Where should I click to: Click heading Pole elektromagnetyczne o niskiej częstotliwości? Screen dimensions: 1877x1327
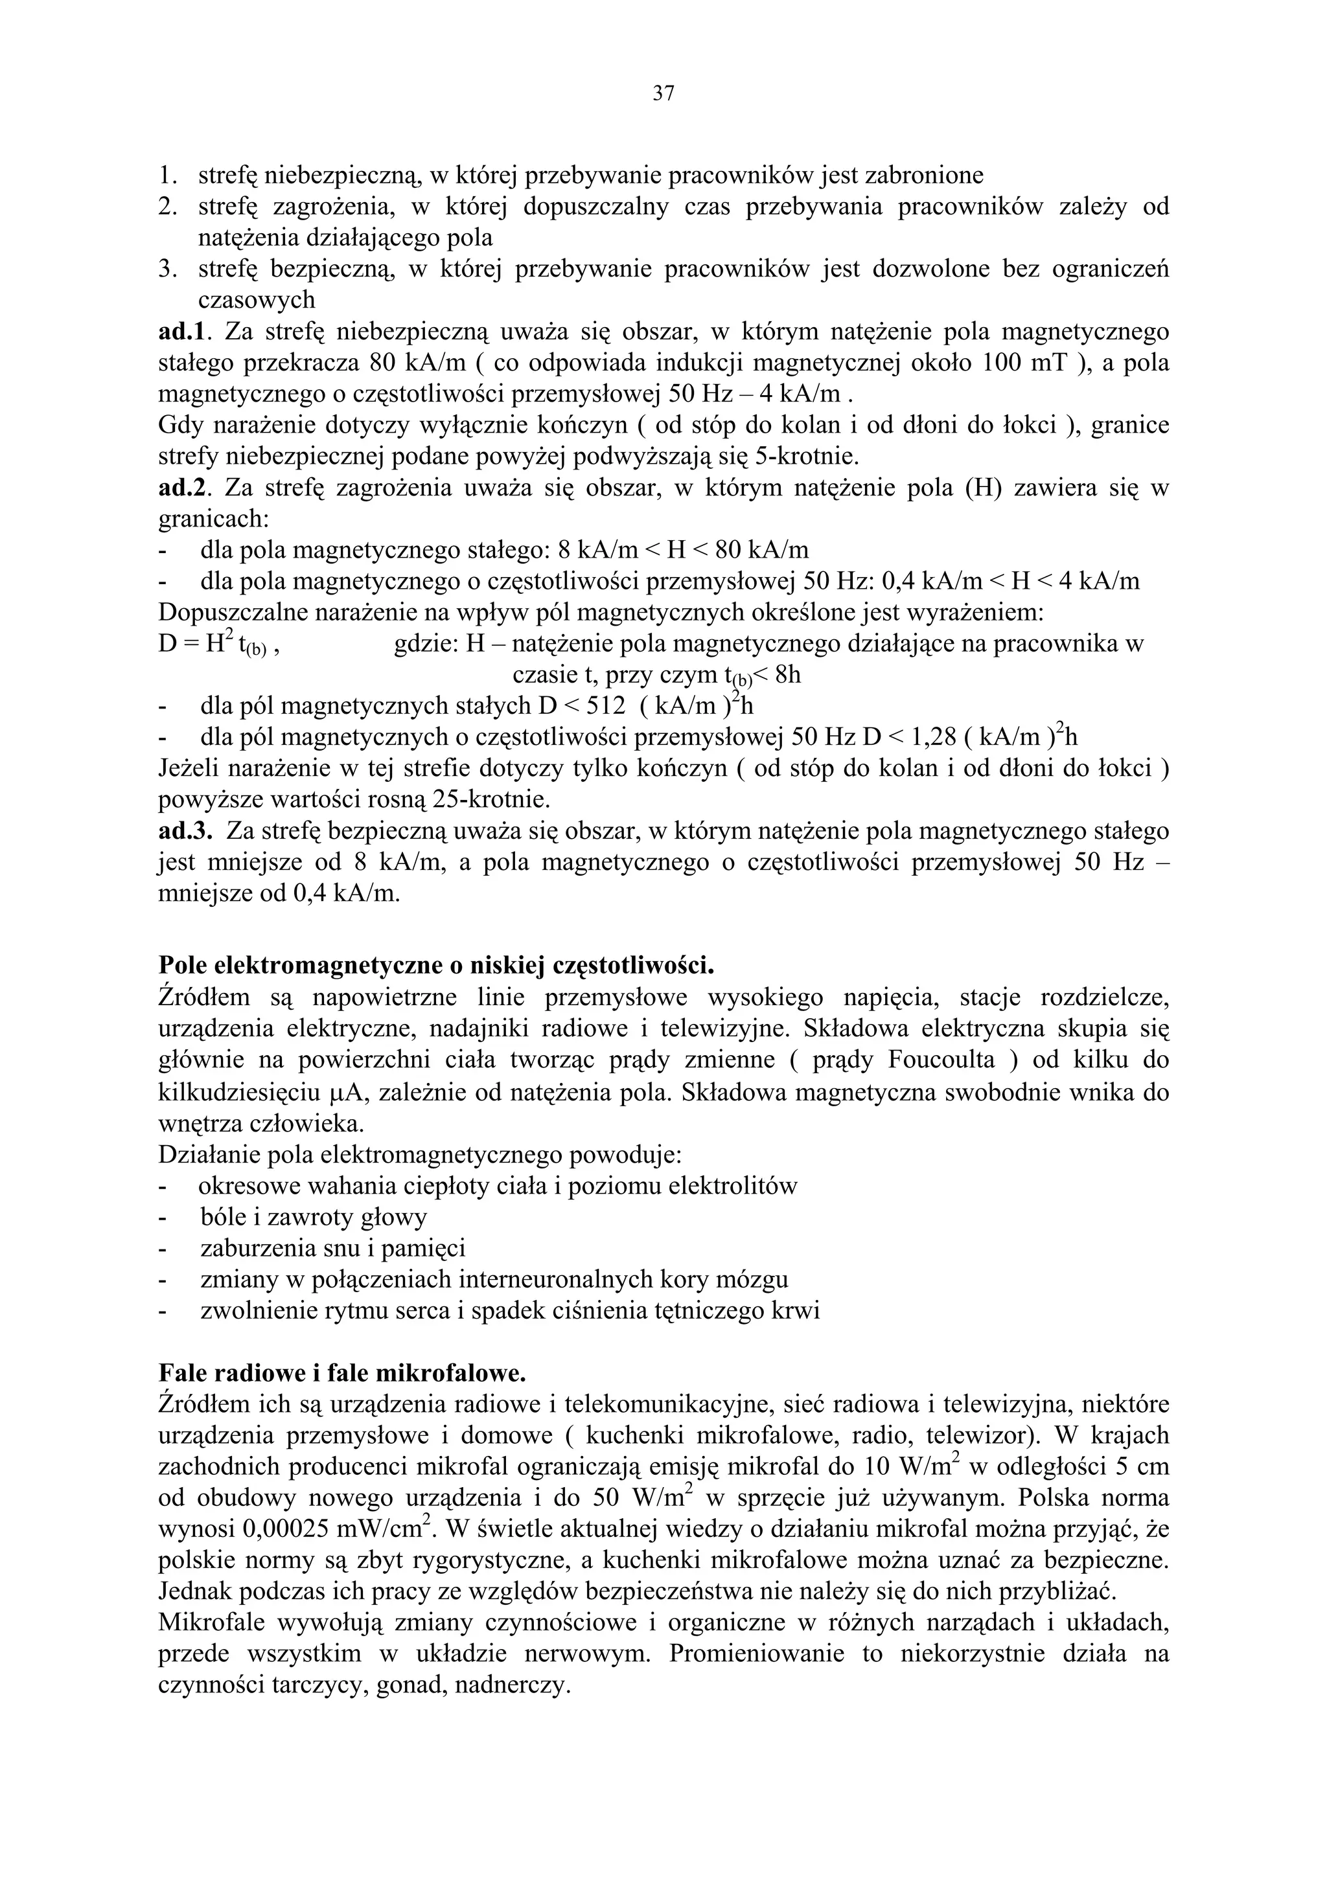[437, 966]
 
